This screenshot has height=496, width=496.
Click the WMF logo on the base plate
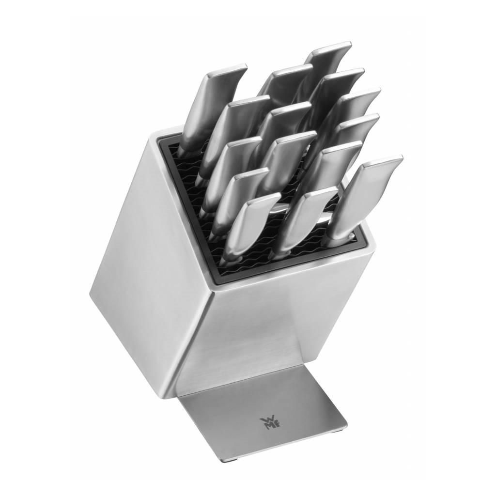pyautogui.click(x=265, y=422)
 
